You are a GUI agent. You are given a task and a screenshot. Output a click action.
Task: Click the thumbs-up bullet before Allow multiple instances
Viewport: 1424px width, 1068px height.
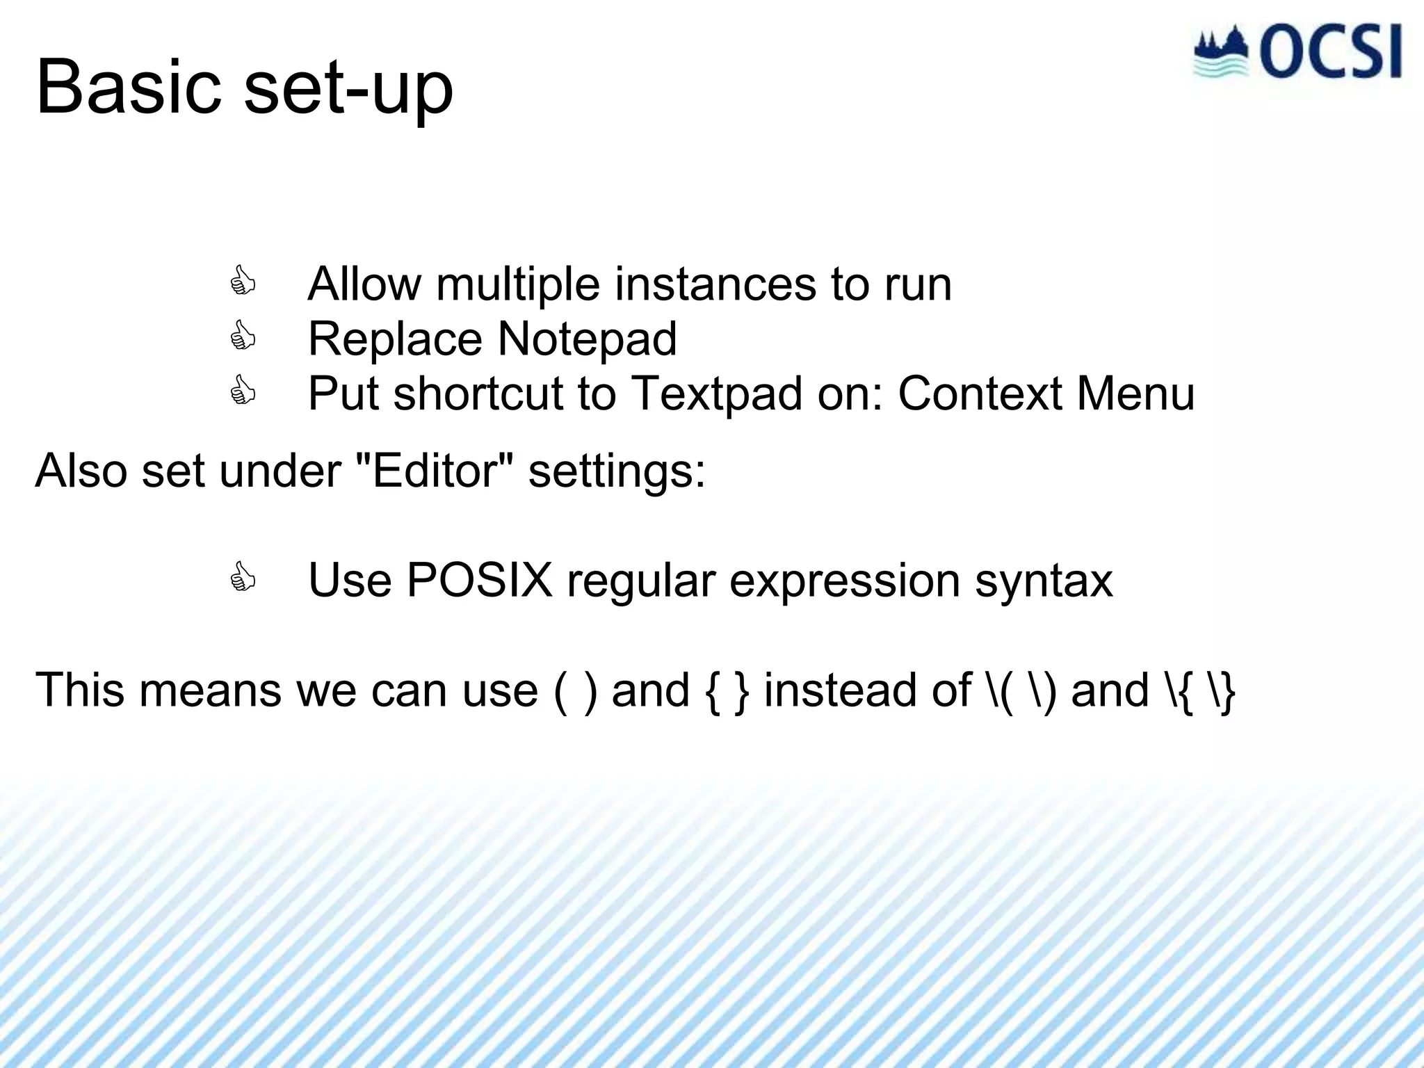(x=243, y=282)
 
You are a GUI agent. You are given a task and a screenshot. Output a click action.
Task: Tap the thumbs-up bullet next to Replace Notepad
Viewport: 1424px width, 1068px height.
(x=243, y=337)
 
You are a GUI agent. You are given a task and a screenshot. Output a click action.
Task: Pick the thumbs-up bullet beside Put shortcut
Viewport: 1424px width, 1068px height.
(x=243, y=391)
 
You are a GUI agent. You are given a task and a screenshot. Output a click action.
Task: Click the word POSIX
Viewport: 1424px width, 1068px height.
(x=479, y=580)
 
